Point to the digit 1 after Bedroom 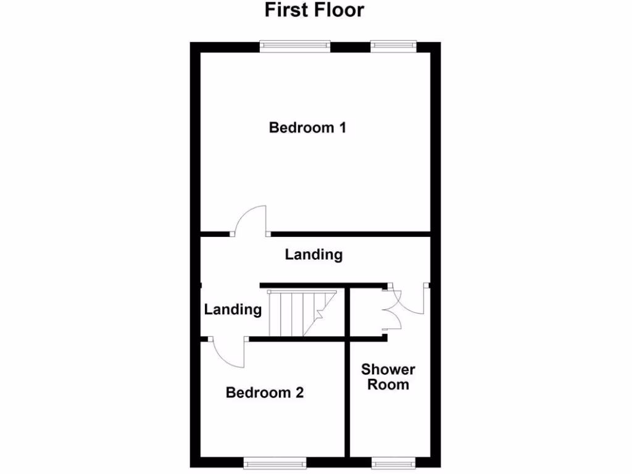(341, 128)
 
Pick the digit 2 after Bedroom (299, 393)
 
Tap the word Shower (388, 370)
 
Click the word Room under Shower (388, 385)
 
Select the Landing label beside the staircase (233, 309)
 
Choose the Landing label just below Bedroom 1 (314, 254)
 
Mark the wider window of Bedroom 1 (295, 46)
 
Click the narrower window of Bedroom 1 (393, 46)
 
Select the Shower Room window (393, 462)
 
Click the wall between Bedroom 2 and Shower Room (347, 401)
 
